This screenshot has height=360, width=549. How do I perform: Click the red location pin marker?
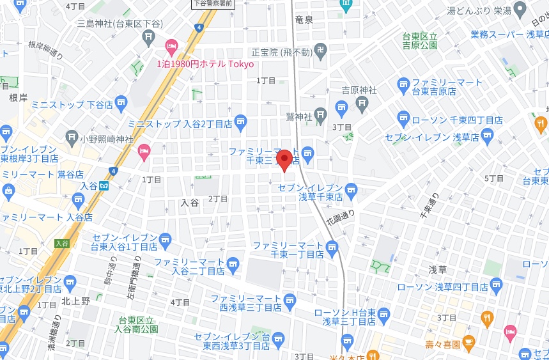click(x=284, y=159)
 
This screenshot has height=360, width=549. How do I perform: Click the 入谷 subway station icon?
click(x=103, y=186)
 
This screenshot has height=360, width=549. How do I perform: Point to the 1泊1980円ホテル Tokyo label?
click(x=205, y=64)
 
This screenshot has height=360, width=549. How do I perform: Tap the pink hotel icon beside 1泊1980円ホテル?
click(x=171, y=46)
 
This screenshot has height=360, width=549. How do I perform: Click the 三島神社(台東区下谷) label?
click(x=120, y=24)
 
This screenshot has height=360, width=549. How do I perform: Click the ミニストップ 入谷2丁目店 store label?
click(x=180, y=123)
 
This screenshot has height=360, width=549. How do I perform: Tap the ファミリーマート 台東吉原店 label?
click(x=447, y=87)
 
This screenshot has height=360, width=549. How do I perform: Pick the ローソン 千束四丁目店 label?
click(x=456, y=120)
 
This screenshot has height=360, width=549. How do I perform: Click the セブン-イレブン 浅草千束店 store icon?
click(x=350, y=189)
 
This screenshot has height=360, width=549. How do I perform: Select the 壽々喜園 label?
click(x=442, y=344)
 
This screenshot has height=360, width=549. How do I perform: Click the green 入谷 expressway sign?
click(x=62, y=243)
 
